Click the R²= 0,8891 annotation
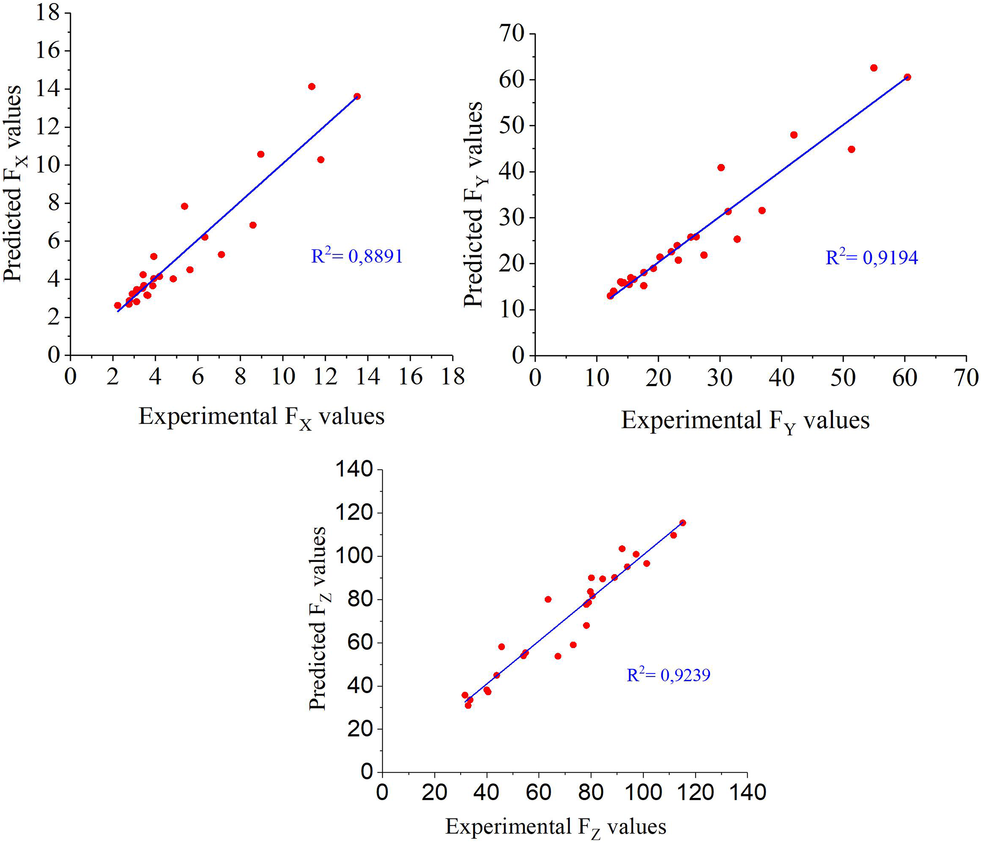click(x=357, y=256)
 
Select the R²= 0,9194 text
click(x=872, y=257)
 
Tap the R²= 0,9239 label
click(x=668, y=675)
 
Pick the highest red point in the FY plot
click(x=874, y=68)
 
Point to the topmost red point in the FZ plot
click(x=682, y=523)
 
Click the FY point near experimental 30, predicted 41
click(x=721, y=167)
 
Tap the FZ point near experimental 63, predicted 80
click(x=548, y=599)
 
